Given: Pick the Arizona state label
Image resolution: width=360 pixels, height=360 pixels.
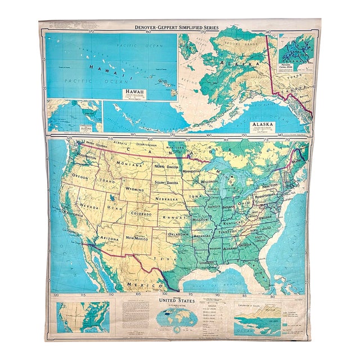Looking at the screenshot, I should pyautogui.click(x=110, y=238).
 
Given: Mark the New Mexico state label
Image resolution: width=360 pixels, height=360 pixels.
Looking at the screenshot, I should pyautogui.click(x=138, y=239).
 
